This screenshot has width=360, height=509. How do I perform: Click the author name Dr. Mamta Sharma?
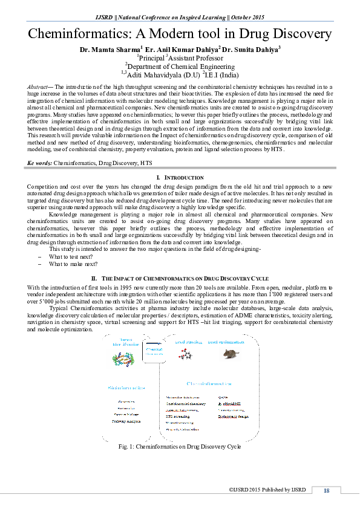[x=109, y=49]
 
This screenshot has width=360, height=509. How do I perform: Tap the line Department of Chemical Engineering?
[x=180, y=66]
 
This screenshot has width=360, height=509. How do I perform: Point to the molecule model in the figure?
[x=185, y=355]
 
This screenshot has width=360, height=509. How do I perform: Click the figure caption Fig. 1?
[x=180, y=447]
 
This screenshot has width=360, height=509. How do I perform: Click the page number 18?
[x=326, y=490]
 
